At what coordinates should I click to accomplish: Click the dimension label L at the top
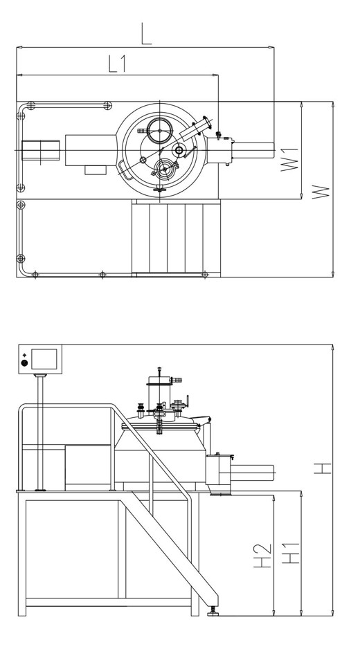click(x=146, y=35)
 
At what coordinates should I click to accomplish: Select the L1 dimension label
click(x=118, y=64)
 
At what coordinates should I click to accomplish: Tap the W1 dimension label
click(x=289, y=159)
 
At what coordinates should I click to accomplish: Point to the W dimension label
click(x=321, y=192)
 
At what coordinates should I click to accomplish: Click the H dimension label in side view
click(x=323, y=468)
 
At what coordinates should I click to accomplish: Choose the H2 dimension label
click(x=263, y=556)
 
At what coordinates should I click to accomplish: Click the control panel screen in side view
click(x=44, y=359)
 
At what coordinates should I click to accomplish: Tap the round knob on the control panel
click(x=24, y=363)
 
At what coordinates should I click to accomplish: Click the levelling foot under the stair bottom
click(x=213, y=612)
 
